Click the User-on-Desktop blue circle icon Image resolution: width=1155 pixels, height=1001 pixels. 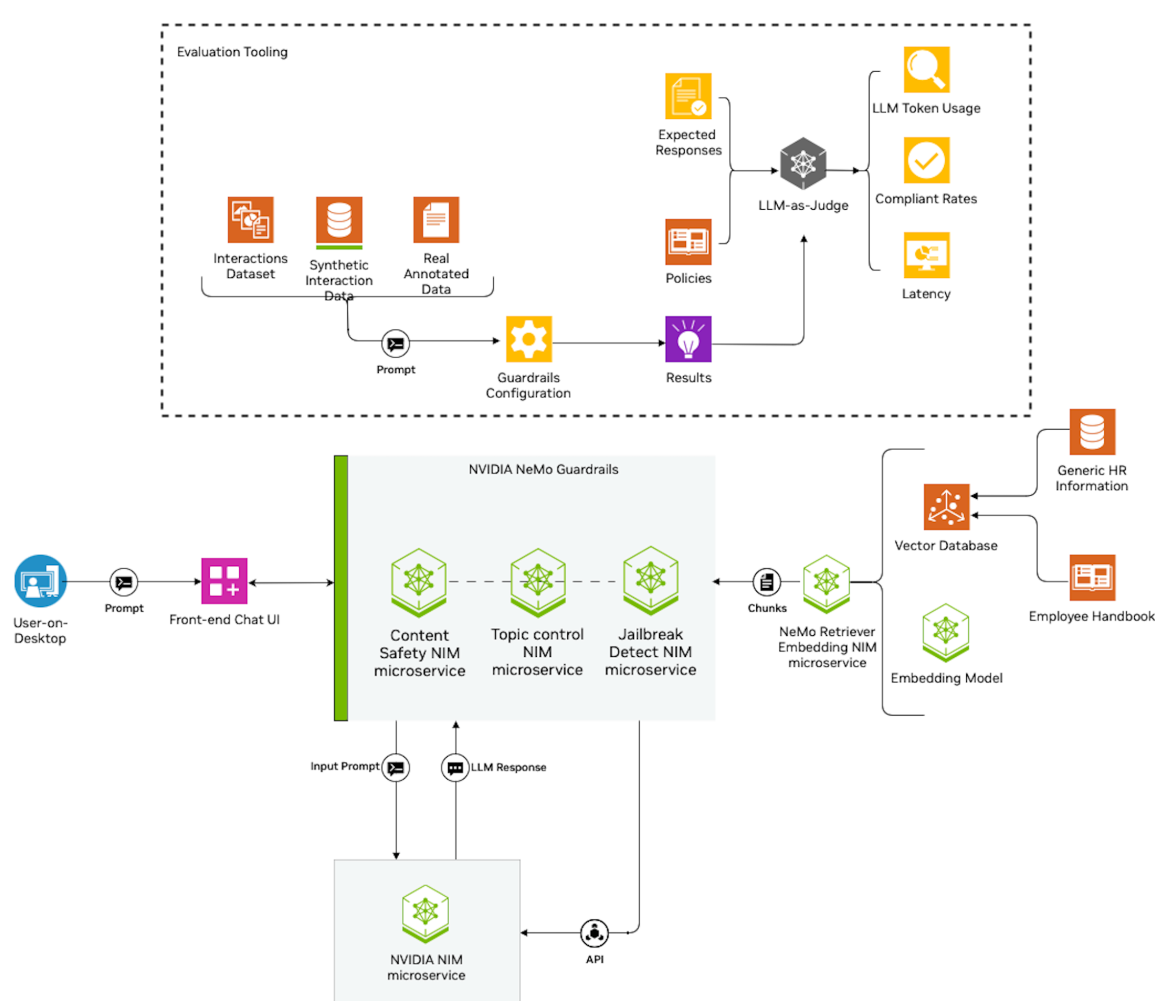[x=40, y=580]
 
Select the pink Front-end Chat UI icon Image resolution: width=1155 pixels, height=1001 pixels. [x=224, y=580]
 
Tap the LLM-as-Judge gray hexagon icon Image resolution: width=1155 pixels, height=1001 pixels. [x=803, y=163]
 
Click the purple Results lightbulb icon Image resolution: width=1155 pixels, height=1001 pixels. [x=688, y=339]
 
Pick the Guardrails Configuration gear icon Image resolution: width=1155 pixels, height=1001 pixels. [x=528, y=339]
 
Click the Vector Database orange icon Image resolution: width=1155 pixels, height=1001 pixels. [x=946, y=507]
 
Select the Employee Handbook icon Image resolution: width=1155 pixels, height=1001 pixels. [x=1091, y=577]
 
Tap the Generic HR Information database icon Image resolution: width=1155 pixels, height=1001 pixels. [x=1091, y=431]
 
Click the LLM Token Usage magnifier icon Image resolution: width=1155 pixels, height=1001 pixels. [x=926, y=69]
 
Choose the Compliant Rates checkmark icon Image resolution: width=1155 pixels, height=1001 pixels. [x=926, y=160]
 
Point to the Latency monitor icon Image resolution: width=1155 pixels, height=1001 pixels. [x=926, y=255]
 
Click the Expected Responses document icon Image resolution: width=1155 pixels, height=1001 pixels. [x=688, y=96]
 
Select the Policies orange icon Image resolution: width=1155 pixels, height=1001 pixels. [x=688, y=241]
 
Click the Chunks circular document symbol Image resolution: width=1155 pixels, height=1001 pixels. [x=766, y=582]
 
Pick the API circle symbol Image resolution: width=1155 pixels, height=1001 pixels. [x=594, y=933]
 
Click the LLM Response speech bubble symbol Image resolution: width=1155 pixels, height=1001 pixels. [x=455, y=768]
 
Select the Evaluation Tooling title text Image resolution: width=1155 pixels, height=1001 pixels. [x=232, y=52]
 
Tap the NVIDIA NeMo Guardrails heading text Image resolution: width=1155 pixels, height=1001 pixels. [x=543, y=469]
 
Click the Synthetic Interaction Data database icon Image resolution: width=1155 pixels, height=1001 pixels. [x=339, y=221]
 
